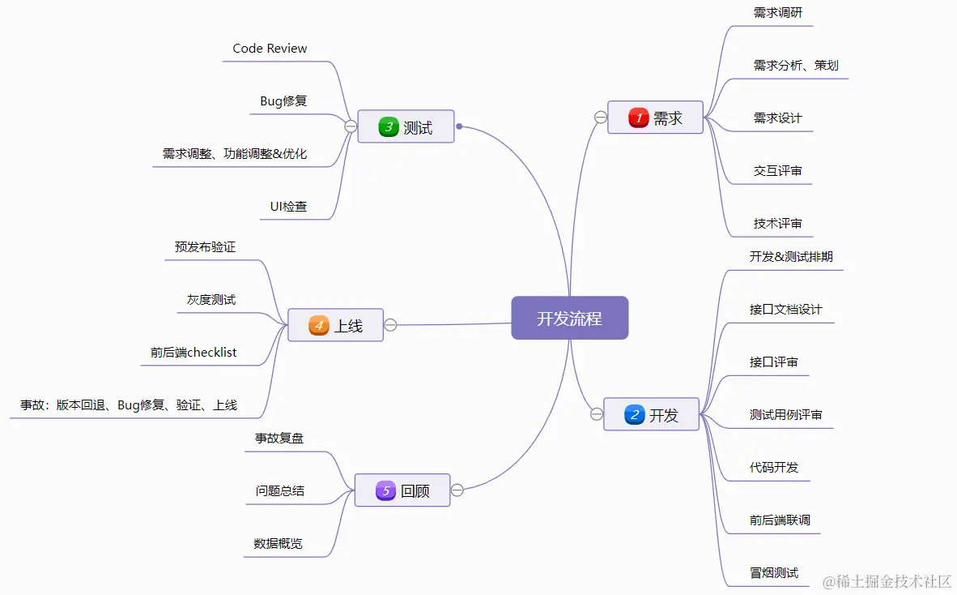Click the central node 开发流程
(x=569, y=318)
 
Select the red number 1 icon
(x=638, y=118)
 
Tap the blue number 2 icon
(x=634, y=415)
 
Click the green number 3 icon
(x=389, y=127)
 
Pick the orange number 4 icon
(x=319, y=326)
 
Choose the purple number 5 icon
(x=385, y=490)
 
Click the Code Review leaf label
(x=270, y=49)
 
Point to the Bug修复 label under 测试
(x=283, y=101)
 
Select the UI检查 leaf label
(x=288, y=207)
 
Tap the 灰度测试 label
(x=211, y=300)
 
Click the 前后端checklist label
(x=194, y=353)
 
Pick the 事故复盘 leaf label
(x=279, y=439)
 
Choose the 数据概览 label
(x=278, y=544)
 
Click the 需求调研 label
(x=777, y=13)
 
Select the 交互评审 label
(x=777, y=171)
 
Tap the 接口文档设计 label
(x=785, y=310)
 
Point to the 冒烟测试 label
(x=773, y=573)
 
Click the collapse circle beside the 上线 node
(x=390, y=325)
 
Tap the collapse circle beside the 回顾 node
(x=457, y=490)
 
